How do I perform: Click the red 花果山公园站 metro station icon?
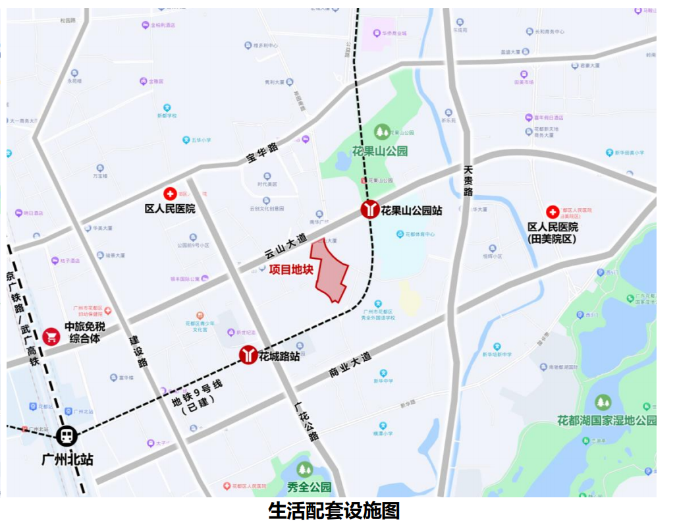click(369, 210)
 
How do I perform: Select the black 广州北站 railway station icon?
click(67, 435)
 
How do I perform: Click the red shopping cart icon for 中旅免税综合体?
click(51, 336)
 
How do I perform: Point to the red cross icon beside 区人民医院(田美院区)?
click(552, 212)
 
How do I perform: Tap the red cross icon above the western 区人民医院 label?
click(171, 194)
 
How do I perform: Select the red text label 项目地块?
click(290, 270)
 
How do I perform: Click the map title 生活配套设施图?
click(334, 510)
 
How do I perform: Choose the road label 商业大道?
click(350, 366)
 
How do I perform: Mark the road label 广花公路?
click(306, 422)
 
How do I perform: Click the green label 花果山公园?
click(380, 151)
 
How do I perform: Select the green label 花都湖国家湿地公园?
click(606, 420)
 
